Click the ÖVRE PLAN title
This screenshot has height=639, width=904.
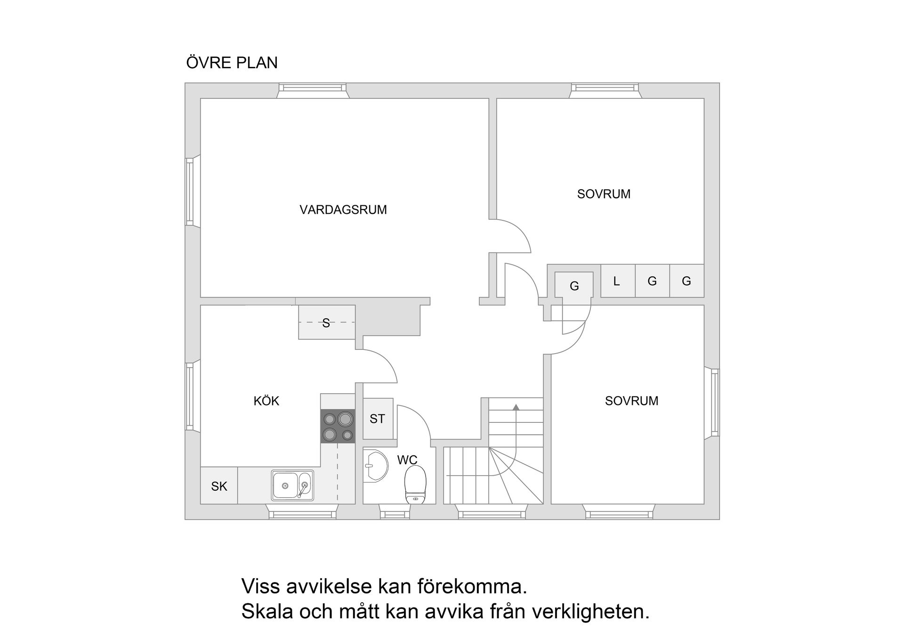[232, 63]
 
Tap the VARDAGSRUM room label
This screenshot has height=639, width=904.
[343, 210]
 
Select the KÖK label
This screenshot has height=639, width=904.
[266, 401]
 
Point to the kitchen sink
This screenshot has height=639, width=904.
[292, 485]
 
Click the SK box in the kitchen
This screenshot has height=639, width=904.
[219, 486]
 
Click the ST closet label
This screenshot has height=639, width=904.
[377, 419]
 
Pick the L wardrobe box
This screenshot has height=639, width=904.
[617, 281]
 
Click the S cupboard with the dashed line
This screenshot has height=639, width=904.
[326, 323]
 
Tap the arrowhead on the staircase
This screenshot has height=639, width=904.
[516, 407]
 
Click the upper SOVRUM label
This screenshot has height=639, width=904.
[604, 194]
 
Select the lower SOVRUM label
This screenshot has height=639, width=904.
[631, 401]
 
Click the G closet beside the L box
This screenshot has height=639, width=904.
[652, 281]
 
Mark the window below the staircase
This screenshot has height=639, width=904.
[492, 515]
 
